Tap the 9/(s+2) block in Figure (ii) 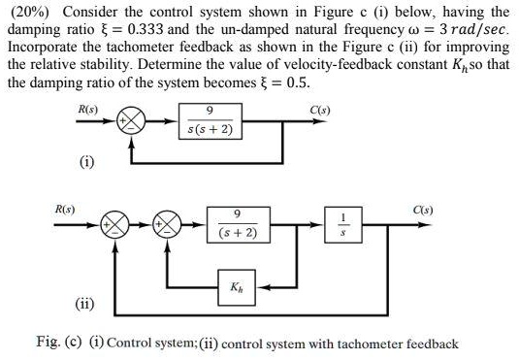(238, 225)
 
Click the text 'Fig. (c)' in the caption (58, 343)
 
